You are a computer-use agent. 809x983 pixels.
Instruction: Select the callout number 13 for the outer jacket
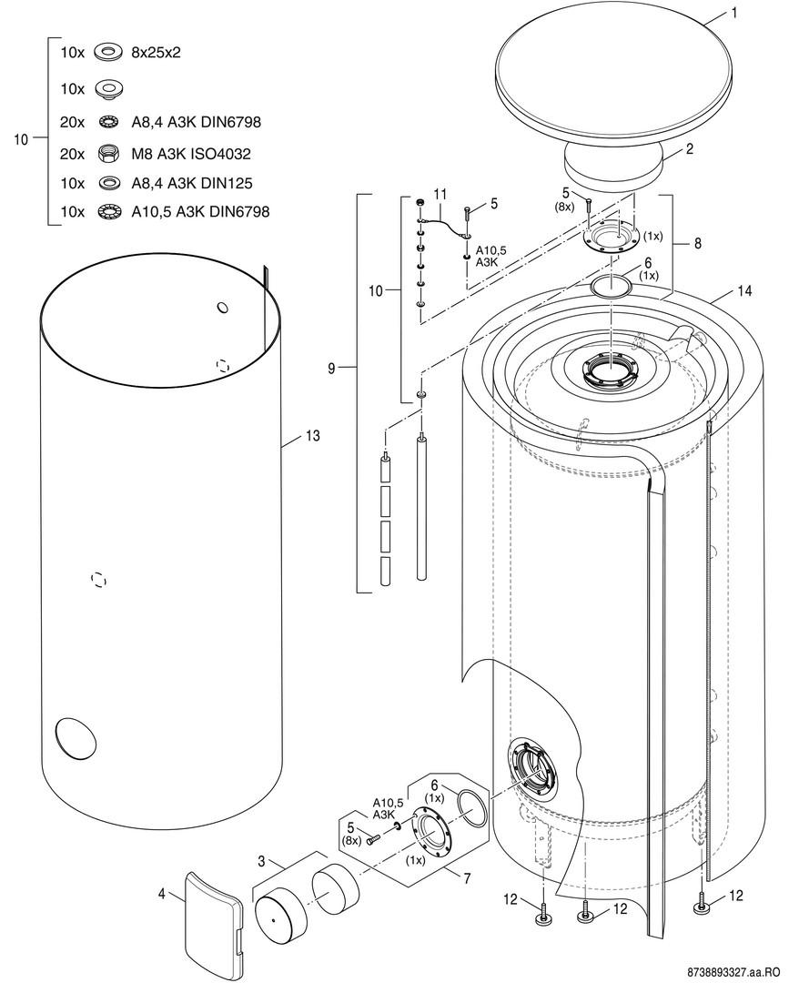click(312, 437)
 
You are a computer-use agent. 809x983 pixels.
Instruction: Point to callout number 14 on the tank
click(745, 292)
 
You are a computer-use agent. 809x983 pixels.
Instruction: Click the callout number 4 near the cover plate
click(162, 894)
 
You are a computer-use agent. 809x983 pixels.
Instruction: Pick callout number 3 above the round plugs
click(260, 861)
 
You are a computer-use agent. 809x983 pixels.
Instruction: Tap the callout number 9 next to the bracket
click(331, 368)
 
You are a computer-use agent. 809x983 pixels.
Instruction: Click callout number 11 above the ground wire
click(440, 194)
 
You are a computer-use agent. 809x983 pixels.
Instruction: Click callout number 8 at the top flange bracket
click(696, 244)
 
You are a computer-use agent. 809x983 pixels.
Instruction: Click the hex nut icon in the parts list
click(108, 155)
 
